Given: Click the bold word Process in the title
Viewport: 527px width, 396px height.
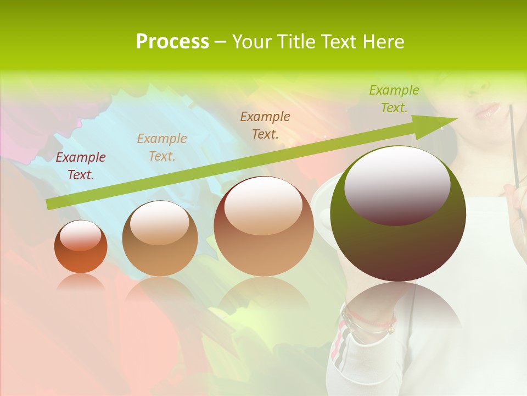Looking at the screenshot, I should click(x=172, y=42).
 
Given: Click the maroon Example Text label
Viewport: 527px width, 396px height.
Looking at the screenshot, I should click(x=81, y=166).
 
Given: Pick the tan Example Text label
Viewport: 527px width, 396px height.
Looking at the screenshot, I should click(x=162, y=147).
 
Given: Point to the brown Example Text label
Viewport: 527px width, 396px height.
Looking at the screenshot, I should click(x=265, y=125).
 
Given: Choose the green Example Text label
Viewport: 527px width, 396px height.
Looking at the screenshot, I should click(x=394, y=99).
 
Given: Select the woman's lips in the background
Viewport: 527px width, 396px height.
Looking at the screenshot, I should click(x=487, y=111).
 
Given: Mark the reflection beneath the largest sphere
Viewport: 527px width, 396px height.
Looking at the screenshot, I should click(x=398, y=308).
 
